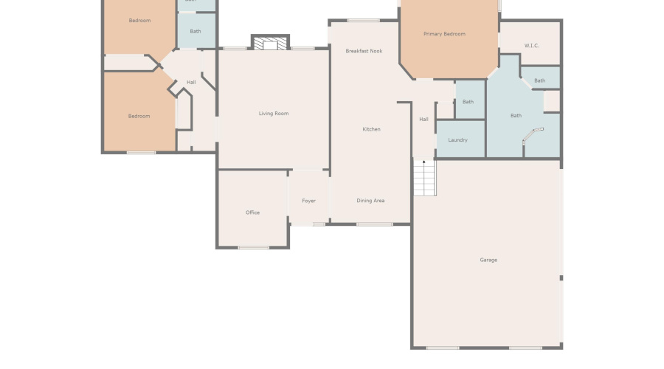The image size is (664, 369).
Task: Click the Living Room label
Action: (273, 114)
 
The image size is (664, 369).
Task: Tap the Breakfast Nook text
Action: (364, 51)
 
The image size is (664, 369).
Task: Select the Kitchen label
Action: (371, 129)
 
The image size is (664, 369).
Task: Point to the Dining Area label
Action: (370, 201)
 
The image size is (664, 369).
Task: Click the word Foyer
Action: (308, 201)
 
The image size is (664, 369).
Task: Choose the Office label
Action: (252, 213)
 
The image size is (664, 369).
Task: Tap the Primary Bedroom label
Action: (444, 34)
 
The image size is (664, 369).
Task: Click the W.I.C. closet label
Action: (531, 46)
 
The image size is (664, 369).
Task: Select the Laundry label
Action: (457, 139)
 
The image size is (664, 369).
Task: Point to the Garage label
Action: (488, 260)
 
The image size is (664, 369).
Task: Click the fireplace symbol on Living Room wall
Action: (270, 44)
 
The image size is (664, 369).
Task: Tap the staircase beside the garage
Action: (424, 179)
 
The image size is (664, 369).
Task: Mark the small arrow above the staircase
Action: (424, 162)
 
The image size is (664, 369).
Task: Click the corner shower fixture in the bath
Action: (532, 134)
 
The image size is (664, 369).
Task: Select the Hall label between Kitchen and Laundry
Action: (423, 119)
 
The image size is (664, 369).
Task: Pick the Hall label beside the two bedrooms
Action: (191, 82)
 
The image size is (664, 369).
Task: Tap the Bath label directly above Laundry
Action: (468, 102)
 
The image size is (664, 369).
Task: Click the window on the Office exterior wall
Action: (253, 247)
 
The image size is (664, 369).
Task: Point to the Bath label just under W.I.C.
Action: (539, 80)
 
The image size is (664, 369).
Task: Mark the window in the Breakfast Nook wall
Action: (363, 21)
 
